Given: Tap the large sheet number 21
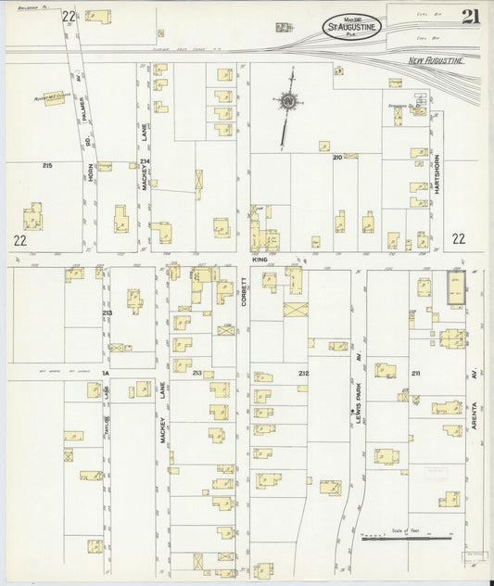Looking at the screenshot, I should [x=470, y=17].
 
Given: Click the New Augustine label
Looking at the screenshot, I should [x=436, y=60].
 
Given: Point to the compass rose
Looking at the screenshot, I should [x=290, y=100].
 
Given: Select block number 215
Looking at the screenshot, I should [x=46, y=165].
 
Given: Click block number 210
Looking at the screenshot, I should [x=338, y=158].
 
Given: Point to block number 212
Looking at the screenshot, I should [x=303, y=373].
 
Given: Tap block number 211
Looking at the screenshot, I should [x=416, y=373].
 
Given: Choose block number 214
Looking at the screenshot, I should [x=144, y=162].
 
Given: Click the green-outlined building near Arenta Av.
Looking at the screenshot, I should [x=455, y=287].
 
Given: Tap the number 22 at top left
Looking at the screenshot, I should [x=68, y=17].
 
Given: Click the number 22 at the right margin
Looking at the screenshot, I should [x=458, y=238].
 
